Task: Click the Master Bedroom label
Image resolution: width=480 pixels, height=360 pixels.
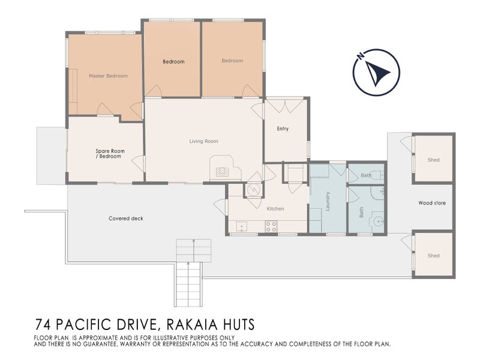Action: tap(108, 76)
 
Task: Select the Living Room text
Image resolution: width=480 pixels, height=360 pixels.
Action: tap(203, 142)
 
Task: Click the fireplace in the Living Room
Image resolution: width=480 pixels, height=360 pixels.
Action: tap(223, 171)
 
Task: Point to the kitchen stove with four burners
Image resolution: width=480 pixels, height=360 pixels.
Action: tap(271, 226)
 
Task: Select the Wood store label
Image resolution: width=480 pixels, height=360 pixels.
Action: tap(431, 203)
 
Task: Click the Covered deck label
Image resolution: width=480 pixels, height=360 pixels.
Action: tap(126, 218)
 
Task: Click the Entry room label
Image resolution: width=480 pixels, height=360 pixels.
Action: tap(283, 129)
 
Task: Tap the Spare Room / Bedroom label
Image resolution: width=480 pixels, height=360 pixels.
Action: tap(109, 154)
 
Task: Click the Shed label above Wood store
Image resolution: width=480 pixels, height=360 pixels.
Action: tap(433, 160)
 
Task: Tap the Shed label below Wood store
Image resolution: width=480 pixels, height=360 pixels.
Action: tap(433, 256)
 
